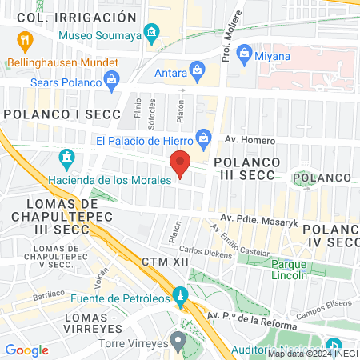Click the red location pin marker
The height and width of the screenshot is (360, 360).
tap(181, 163)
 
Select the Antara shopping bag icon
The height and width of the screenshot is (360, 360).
tap(193, 69)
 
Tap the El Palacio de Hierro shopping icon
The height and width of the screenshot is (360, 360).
tap(204, 138)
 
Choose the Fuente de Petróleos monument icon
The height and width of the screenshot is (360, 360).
tap(180, 295)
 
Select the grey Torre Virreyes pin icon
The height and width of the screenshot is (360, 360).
tap(178, 340)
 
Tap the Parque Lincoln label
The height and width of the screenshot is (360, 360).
tap(289, 269)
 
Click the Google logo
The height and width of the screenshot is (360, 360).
tap(26, 350)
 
